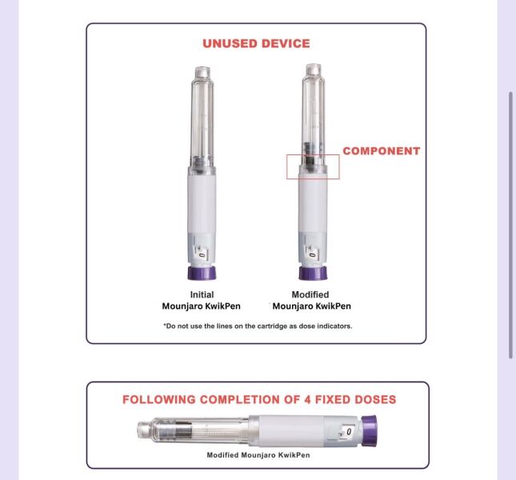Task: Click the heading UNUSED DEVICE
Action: (x=256, y=44)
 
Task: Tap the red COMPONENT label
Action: (x=382, y=151)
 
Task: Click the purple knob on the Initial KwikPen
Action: (x=202, y=273)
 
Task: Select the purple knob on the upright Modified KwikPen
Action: (x=313, y=273)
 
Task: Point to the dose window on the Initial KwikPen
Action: (x=202, y=254)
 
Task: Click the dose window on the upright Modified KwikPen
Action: (x=312, y=254)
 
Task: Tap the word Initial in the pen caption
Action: (x=202, y=294)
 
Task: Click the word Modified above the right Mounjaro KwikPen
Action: (x=310, y=294)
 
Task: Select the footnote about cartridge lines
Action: (x=258, y=326)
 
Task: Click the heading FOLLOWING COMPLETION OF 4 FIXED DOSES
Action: (x=259, y=399)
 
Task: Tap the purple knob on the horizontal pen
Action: (x=370, y=431)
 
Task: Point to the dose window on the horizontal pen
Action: (x=346, y=431)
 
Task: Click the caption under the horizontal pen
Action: (x=258, y=455)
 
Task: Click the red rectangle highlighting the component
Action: (x=286, y=166)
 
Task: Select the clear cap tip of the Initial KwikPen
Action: (x=202, y=72)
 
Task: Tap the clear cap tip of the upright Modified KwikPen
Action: (x=313, y=70)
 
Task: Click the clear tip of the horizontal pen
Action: (x=143, y=430)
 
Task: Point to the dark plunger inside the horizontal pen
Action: (x=183, y=430)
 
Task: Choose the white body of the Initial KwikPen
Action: (x=202, y=204)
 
